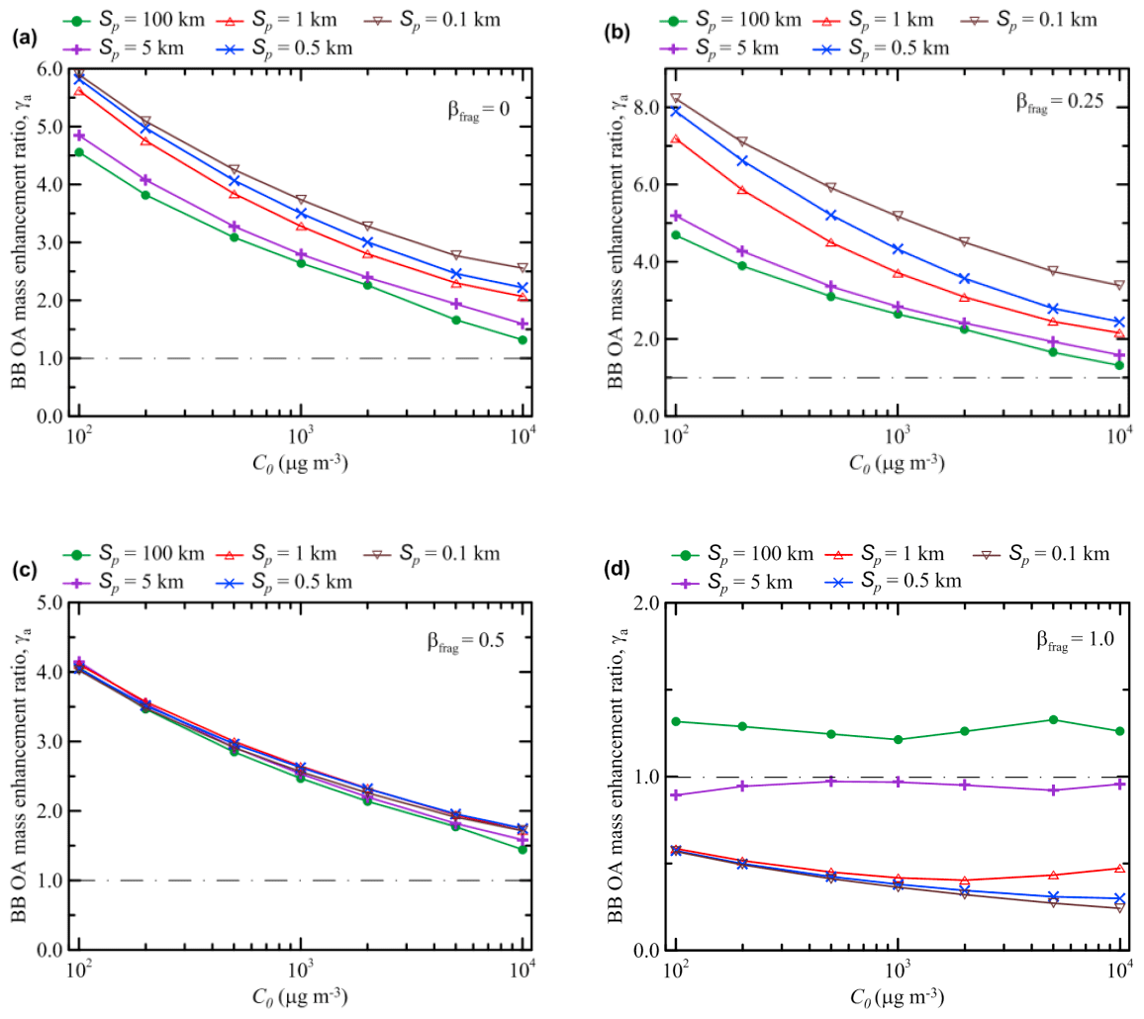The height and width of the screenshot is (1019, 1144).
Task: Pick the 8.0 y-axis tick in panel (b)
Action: click(649, 107)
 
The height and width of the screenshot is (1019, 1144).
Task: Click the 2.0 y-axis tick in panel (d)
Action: click(649, 602)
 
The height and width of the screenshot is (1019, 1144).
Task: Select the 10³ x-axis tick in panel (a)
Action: click(301, 435)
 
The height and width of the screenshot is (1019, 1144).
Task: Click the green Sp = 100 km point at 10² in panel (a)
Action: click(79, 152)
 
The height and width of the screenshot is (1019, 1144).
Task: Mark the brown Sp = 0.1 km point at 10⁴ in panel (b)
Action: click(1119, 285)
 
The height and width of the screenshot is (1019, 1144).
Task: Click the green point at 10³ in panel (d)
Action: click(898, 739)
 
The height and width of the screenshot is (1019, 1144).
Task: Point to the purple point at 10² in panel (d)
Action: click(676, 794)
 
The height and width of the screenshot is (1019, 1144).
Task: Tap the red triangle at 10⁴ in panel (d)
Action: click(1119, 869)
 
